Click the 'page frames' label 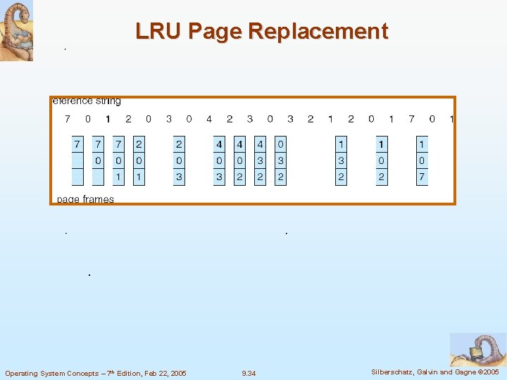tap(84, 199)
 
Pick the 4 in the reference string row tap(209, 119)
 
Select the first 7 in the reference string tap(68, 119)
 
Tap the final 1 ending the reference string tap(451, 119)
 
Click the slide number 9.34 tap(249, 373)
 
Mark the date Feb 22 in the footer tap(156, 373)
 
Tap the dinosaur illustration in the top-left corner tap(16, 30)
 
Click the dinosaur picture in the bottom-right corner tap(478, 350)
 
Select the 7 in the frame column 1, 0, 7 tap(422, 177)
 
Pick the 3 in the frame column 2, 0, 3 tap(179, 177)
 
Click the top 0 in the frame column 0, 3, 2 tap(280, 145)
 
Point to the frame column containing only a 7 tap(77, 161)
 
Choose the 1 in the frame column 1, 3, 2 tap(341, 145)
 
